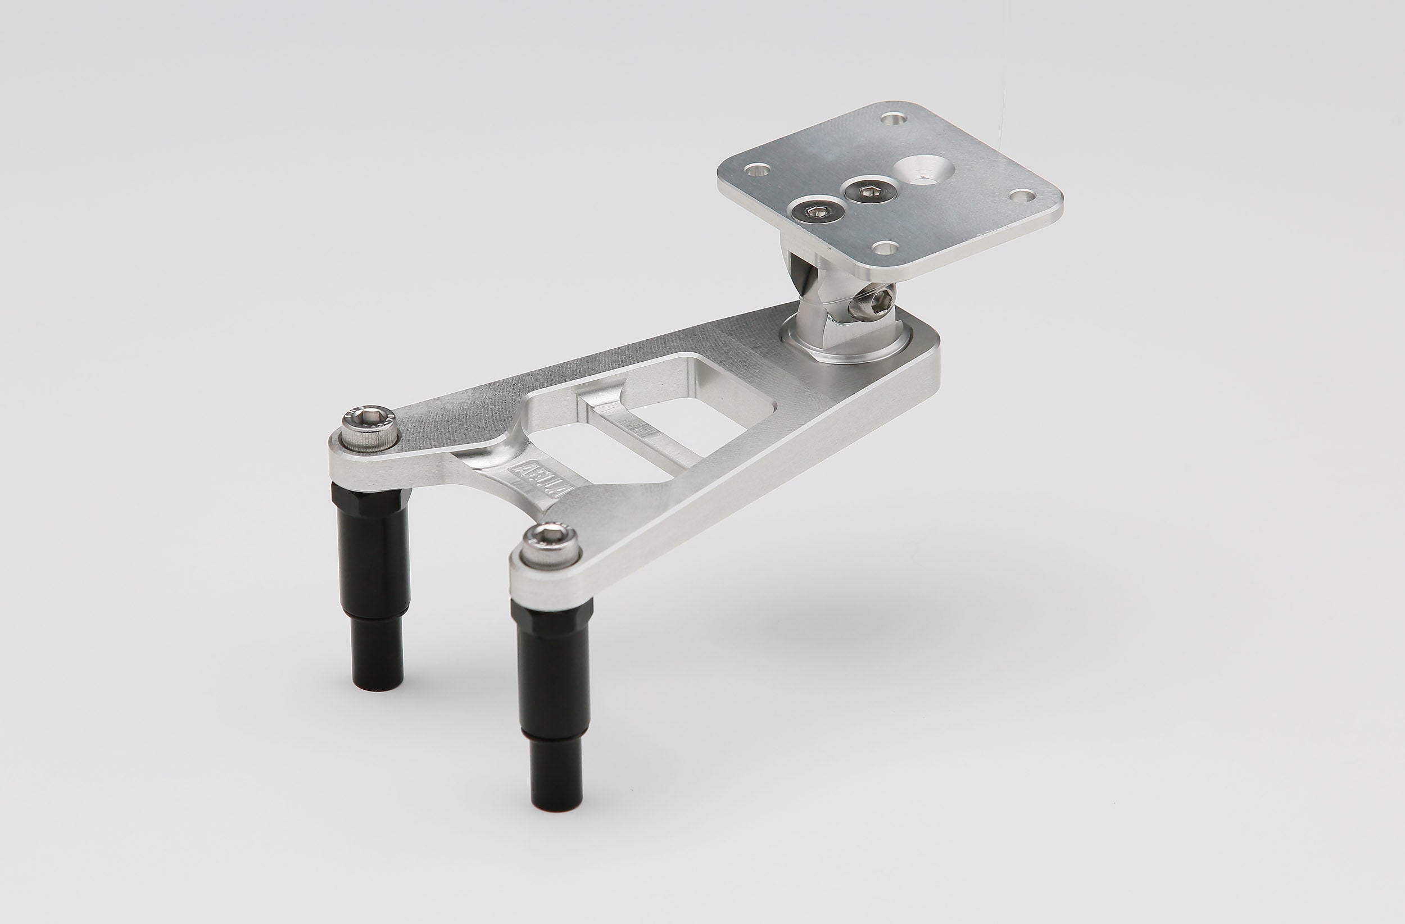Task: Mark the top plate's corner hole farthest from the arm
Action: (893, 119)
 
